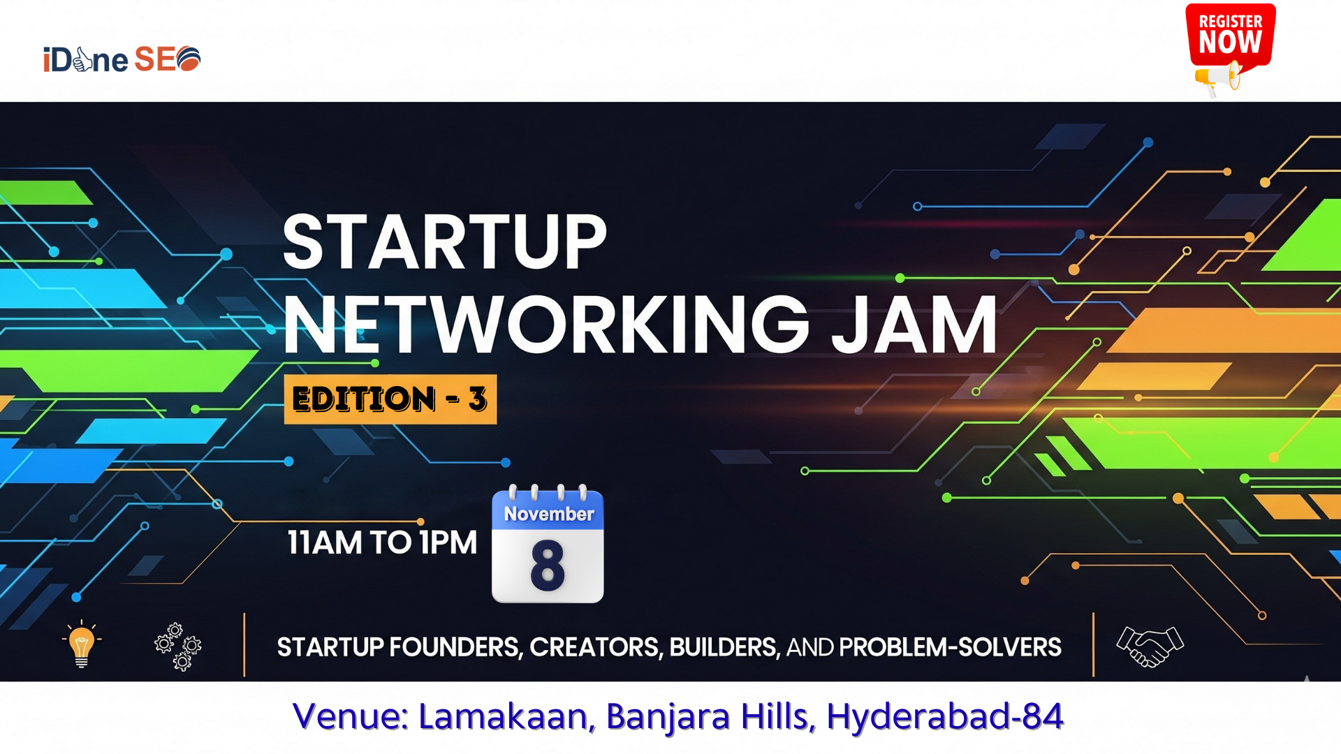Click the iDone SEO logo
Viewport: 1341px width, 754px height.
122,59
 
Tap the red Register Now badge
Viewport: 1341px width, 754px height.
1231,35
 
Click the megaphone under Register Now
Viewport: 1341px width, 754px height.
1217,78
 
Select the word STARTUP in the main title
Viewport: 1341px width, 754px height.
445,242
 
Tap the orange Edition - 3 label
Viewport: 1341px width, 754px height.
390,399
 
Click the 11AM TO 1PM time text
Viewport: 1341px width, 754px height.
382,542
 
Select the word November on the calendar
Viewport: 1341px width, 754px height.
549,514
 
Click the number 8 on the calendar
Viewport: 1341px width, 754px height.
548,565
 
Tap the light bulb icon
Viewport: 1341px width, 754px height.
82,644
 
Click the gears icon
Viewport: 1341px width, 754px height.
178,646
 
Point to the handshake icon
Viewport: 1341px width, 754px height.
1150,646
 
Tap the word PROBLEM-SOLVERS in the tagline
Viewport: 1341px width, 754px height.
951,648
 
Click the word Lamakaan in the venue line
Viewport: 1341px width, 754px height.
507,716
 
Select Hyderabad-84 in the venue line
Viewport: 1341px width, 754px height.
945,717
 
